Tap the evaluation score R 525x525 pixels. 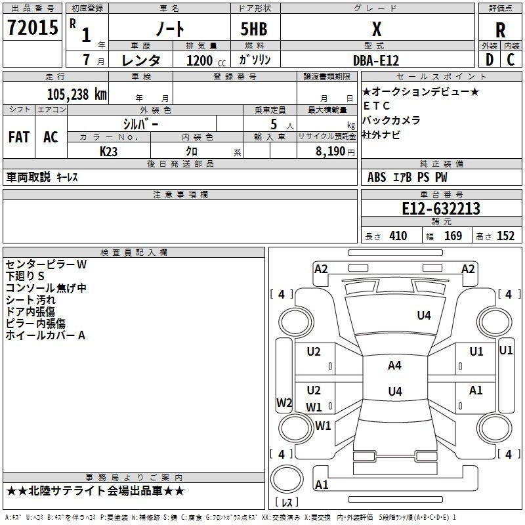click(500, 30)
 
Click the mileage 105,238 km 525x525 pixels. click(77, 94)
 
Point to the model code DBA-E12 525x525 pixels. click(376, 60)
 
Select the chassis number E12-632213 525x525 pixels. click(441, 209)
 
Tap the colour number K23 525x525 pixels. click(109, 151)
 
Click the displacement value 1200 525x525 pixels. click(199, 60)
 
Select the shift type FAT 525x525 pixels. click(18, 137)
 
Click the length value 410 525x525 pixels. click(398, 236)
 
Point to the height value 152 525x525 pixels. click(505, 236)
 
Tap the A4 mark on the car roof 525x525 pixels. click(394, 366)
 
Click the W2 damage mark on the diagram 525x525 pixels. click(284, 403)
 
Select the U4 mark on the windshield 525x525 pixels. click(424, 315)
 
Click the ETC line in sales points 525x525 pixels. click(377, 106)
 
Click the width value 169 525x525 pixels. click(453, 236)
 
